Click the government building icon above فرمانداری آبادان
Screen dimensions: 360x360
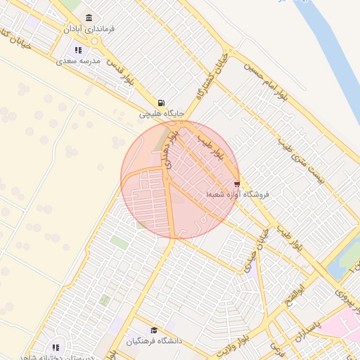tap(89, 18)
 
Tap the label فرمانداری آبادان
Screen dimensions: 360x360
tap(88, 30)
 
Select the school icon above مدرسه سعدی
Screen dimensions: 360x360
tap(79, 50)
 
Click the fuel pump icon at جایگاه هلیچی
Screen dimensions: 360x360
tap(162, 102)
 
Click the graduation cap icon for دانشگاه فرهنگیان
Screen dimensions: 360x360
tap(154, 330)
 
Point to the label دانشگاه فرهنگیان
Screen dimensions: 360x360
tap(154, 341)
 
